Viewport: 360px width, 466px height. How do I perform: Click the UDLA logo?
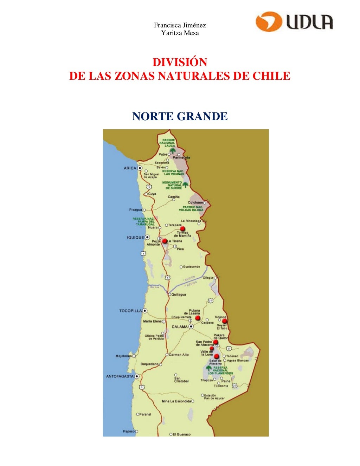(x=294, y=21)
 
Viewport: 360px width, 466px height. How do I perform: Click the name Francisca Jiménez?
(x=180, y=25)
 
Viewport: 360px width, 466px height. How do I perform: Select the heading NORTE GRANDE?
(x=180, y=116)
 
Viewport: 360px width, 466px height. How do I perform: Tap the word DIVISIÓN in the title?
(x=180, y=62)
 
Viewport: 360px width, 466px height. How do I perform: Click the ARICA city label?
(x=130, y=168)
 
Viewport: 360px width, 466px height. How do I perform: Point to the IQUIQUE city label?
(x=135, y=238)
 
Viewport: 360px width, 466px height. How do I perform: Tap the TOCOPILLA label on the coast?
(x=130, y=311)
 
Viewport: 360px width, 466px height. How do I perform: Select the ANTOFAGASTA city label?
(x=120, y=376)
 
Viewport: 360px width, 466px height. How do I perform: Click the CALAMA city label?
(x=179, y=327)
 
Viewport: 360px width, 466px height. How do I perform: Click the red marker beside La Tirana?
(x=165, y=241)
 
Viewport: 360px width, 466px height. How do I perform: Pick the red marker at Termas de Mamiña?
(x=182, y=229)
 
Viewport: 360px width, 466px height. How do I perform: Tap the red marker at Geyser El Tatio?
(x=224, y=321)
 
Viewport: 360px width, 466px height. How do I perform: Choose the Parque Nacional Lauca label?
(x=167, y=143)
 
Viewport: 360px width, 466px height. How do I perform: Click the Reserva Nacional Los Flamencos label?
(x=220, y=370)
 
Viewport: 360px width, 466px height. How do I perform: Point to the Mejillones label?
(x=124, y=356)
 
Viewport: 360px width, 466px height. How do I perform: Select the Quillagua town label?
(x=179, y=295)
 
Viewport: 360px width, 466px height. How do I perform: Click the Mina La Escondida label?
(x=176, y=401)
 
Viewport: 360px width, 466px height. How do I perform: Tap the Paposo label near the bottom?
(x=129, y=431)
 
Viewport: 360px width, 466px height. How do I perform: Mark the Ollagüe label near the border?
(x=208, y=278)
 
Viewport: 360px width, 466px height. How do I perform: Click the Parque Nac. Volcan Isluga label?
(x=191, y=208)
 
